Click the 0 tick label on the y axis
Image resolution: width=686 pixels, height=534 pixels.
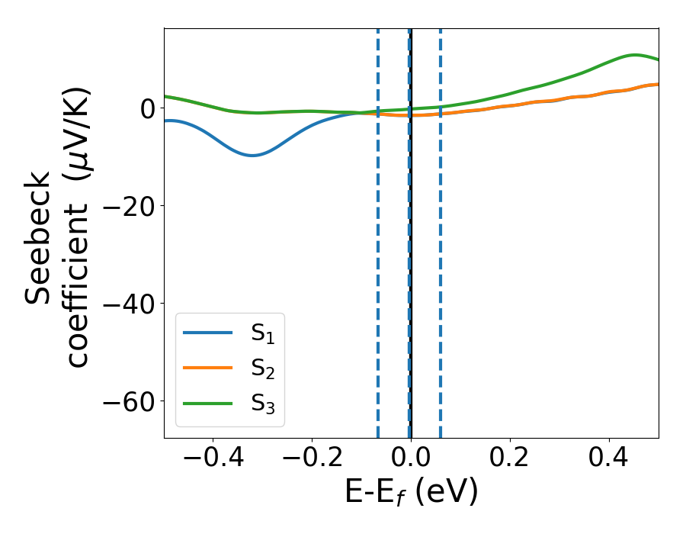click(x=146, y=108)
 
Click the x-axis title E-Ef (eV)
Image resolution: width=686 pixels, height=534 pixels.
click(x=411, y=493)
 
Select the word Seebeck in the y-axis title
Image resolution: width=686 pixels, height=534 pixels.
click(x=38, y=236)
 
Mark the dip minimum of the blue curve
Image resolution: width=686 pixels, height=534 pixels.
click(x=252, y=156)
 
